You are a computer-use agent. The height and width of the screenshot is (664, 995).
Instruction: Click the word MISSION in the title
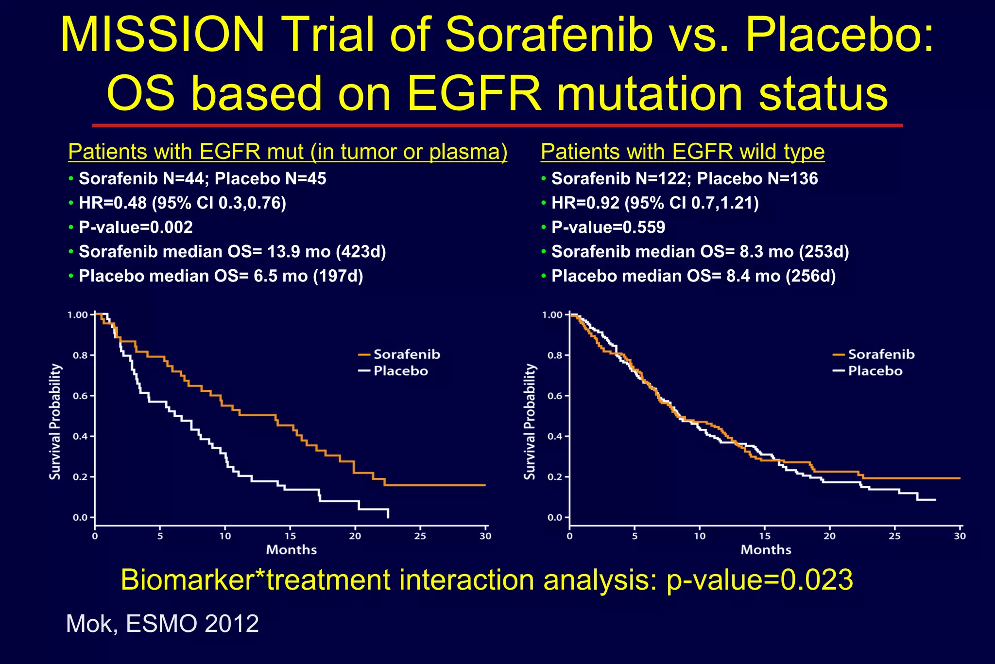(162, 36)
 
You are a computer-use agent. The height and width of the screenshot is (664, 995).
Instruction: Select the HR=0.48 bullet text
(182, 203)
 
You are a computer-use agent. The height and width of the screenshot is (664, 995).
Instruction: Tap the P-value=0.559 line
(608, 227)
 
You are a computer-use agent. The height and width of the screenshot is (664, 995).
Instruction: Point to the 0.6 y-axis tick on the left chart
(81, 396)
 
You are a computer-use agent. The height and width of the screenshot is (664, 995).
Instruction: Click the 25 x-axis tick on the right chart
(894, 536)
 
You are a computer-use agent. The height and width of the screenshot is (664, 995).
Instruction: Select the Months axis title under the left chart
(291, 550)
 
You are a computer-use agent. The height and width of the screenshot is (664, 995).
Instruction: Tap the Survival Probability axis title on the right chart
(530, 421)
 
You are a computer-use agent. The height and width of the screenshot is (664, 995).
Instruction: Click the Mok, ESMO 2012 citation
(162, 624)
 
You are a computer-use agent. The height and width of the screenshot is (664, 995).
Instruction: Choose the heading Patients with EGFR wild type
(682, 152)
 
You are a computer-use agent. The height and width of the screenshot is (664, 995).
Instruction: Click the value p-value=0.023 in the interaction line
(759, 580)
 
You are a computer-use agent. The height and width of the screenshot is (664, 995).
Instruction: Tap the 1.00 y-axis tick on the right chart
(552, 315)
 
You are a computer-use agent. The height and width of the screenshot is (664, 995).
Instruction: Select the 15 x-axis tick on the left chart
(290, 536)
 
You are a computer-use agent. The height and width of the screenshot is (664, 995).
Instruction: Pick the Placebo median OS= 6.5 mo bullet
(221, 276)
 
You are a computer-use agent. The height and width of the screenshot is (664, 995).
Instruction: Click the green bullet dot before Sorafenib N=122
(544, 179)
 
